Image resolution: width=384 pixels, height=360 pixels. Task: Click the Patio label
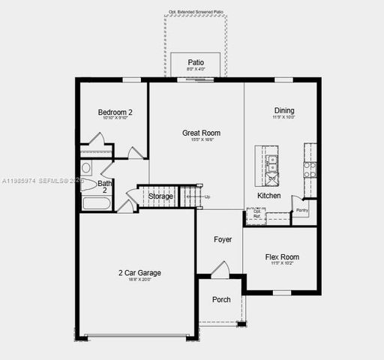196,62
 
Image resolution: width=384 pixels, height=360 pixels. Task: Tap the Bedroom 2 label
115,112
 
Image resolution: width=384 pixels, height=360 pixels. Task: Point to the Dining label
284,109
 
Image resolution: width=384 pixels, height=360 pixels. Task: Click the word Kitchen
269,196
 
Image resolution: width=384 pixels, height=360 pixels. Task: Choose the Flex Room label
282,257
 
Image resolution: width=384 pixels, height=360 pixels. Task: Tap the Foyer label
223,240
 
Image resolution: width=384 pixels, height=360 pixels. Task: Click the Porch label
221,299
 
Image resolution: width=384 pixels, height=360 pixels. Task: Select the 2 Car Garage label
139,273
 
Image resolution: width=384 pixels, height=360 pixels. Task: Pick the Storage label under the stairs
160,196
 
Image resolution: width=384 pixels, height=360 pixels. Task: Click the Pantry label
302,211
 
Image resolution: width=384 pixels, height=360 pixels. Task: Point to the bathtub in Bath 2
96,203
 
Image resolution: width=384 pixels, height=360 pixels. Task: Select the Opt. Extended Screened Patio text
196,13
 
